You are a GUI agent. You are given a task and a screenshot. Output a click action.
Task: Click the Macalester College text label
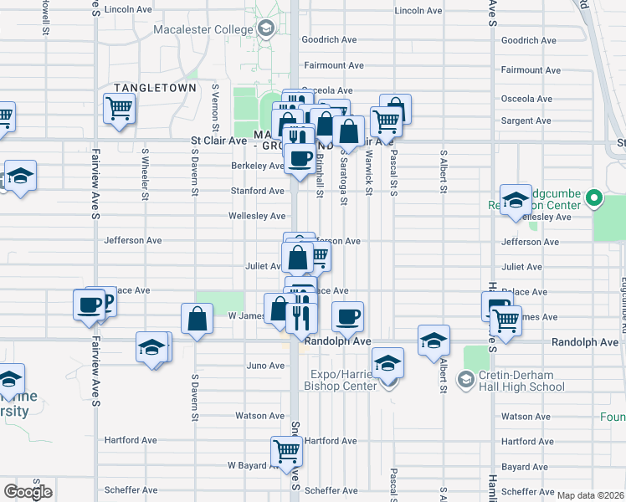pos(203,30)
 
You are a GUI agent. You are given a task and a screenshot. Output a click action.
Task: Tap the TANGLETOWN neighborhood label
pos(155,88)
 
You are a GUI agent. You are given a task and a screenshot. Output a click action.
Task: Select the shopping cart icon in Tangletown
pos(119,107)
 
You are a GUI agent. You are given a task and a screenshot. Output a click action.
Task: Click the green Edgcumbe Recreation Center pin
pos(594,198)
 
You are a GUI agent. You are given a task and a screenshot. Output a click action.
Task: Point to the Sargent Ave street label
pos(526,120)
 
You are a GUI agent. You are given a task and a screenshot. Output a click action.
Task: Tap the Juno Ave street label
pos(266,366)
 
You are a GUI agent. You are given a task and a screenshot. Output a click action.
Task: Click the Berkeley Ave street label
pos(258,166)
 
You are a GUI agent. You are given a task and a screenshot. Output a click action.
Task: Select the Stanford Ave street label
pos(258,191)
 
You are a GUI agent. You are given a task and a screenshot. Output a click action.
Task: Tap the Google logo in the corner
pos(28,491)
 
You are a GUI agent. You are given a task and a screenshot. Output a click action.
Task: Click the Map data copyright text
pos(590,495)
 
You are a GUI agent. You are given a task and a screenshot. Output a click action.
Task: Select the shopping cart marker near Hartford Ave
pos(286,451)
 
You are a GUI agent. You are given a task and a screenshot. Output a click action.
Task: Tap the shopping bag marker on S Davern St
pos(197,319)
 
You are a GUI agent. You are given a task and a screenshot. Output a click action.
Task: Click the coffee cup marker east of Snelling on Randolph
pos(347,316)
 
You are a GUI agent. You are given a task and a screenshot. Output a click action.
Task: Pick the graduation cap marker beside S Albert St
pos(434,340)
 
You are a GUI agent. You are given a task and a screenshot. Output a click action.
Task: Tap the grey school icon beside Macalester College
pos(266,31)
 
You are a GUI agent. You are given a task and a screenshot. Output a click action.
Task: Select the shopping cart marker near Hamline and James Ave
pos(505,319)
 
